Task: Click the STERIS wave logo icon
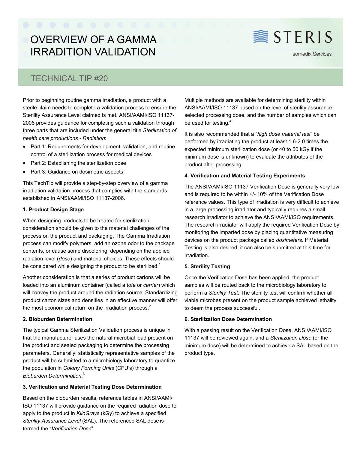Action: (261, 37)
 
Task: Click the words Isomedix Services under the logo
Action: (311, 54)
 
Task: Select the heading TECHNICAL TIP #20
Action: (69, 78)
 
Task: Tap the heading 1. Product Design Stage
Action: (53, 209)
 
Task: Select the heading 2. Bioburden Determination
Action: (57, 319)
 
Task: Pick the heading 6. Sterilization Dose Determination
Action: (228, 319)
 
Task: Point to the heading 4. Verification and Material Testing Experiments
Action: (244, 176)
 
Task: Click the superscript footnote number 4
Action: (230, 121)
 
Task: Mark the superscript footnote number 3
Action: (84, 374)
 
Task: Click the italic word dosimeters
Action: (289, 240)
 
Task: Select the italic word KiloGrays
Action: (88, 413)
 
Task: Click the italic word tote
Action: (131, 285)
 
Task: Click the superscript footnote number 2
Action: (150, 306)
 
